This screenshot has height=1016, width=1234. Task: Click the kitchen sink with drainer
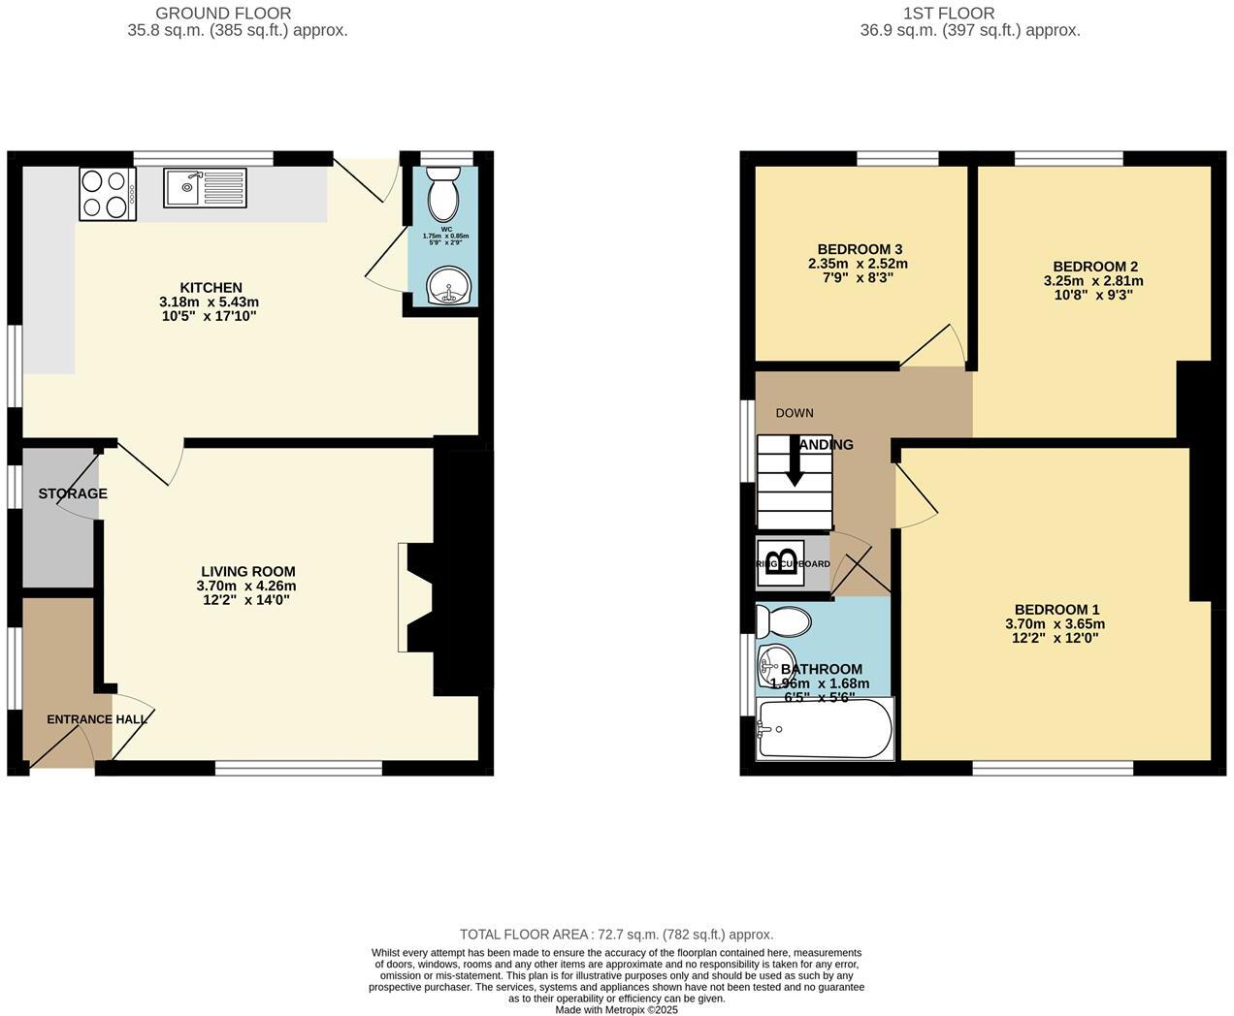206,187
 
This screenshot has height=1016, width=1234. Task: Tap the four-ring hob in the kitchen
106,193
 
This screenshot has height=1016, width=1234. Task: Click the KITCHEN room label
211,288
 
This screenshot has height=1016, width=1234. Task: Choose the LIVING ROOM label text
247,572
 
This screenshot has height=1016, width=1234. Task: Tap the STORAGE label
73,493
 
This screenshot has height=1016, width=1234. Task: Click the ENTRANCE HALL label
97,719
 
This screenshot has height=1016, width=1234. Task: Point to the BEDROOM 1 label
1055,610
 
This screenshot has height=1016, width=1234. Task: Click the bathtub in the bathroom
825,728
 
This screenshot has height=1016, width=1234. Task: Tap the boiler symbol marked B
780,563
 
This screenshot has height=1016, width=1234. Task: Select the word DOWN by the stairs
795,413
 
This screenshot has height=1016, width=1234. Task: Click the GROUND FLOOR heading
223,14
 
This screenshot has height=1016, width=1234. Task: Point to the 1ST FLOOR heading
948,14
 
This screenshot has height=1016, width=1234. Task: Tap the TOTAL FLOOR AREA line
616,935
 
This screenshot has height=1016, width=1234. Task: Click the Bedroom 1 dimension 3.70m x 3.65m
1055,624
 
